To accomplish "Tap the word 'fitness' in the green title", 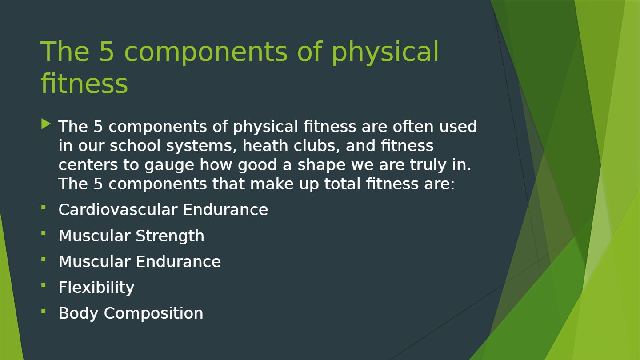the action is (84, 84).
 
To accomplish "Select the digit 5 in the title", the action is (106, 52).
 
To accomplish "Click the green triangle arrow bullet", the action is (46, 124).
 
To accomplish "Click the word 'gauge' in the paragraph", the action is (169, 165).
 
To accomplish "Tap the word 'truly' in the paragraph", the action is (428, 165).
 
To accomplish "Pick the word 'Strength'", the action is (170, 236).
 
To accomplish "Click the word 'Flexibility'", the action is (96, 288).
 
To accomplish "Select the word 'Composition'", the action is (153, 313).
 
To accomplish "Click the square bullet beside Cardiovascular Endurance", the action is (44, 208).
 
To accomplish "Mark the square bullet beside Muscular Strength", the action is (44, 233).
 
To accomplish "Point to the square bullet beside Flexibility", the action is (44, 285).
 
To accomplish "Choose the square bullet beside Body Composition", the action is (44, 311).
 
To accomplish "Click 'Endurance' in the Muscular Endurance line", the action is (178, 261).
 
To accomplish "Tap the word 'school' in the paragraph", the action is (135, 145).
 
